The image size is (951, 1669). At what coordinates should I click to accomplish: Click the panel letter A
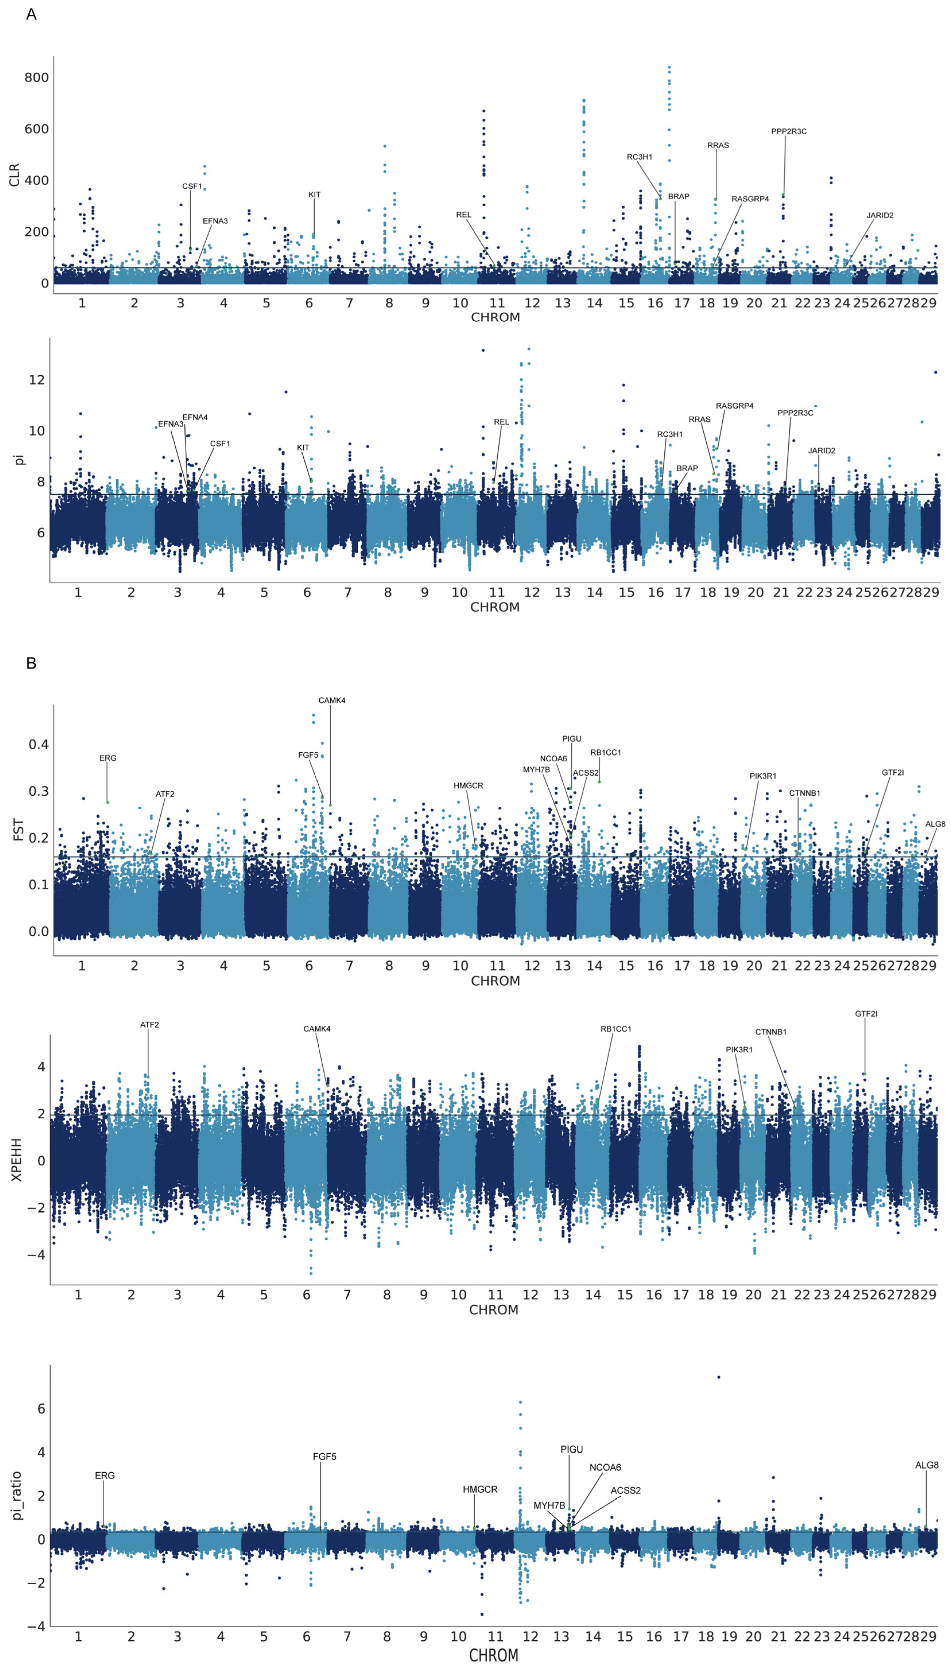click(31, 14)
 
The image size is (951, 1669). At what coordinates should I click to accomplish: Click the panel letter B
click(31, 663)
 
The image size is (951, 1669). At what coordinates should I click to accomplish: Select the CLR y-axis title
click(14, 175)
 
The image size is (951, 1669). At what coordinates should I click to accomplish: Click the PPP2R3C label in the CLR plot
click(788, 131)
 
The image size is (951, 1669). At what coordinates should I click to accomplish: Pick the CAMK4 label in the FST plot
click(332, 700)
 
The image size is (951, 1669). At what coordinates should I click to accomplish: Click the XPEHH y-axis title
click(16, 1160)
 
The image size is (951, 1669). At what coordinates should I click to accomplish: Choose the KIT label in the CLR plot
click(314, 195)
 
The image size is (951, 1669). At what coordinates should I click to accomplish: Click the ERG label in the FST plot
click(108, 758)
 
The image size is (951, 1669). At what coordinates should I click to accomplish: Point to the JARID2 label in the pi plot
click(821, 451)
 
